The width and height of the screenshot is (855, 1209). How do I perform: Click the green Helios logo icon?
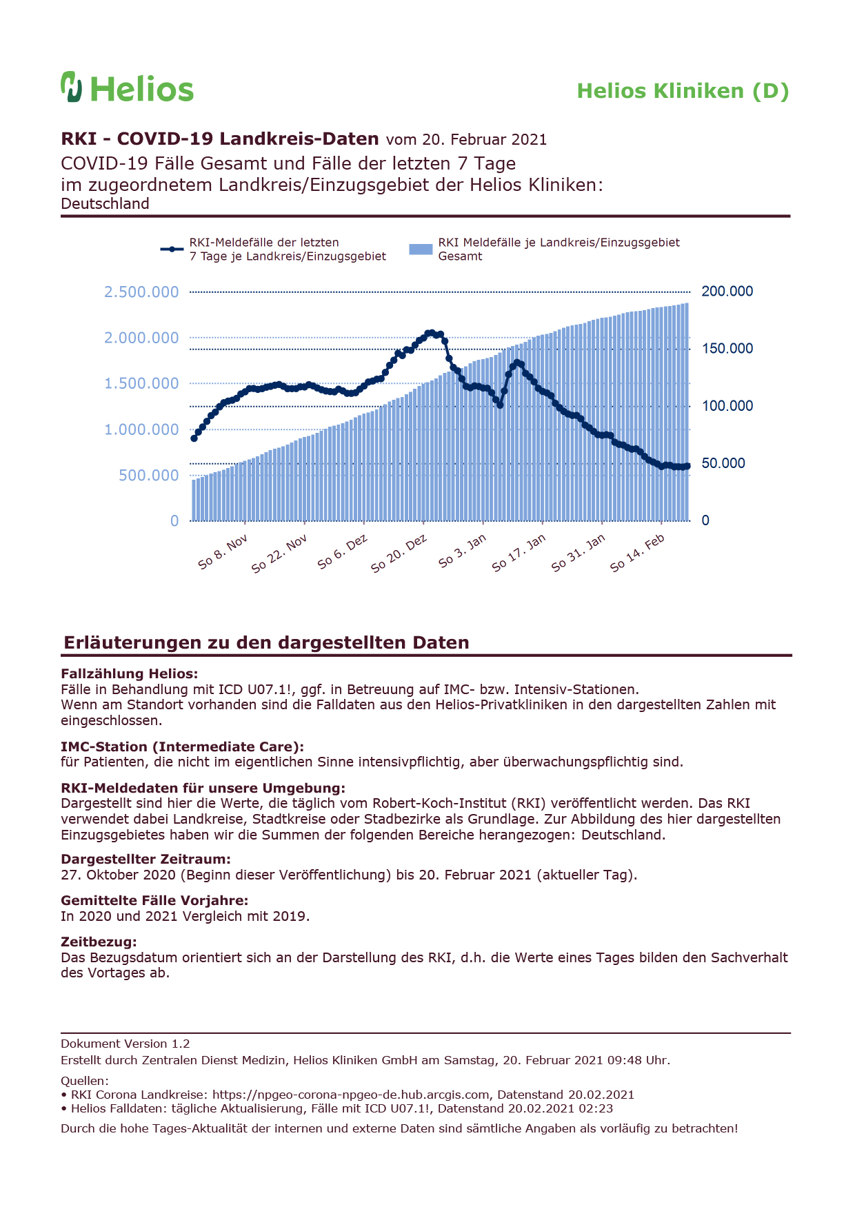(x=72, y=87)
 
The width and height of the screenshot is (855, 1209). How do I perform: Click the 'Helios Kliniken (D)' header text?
(x=683, y=91)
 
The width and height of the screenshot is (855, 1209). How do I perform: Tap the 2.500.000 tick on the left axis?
(x=141, y=292)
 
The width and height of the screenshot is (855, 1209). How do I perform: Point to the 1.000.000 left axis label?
(x=141, y=429)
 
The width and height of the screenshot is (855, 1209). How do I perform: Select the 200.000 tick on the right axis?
(x=727, y=292)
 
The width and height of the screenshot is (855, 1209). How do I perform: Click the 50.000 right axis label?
(x=723, y=463)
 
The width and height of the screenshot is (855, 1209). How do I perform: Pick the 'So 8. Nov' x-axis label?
(x=222, y=551)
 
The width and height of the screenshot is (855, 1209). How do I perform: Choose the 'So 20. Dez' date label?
(x=399, y=553)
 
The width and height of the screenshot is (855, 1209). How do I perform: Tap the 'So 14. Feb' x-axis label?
(x=637, y=553)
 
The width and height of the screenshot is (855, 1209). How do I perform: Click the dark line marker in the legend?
(x=172, y=249)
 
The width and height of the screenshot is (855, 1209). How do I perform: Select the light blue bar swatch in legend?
(x=421, y=249)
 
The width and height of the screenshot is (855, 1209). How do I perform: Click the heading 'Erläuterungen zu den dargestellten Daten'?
(x=266, y=642)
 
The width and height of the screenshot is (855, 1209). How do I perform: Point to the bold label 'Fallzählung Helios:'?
(x=129, y=673)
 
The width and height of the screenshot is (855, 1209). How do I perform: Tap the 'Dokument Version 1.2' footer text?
(x=125, y=1044)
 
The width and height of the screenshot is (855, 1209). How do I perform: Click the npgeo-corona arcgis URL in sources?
(x=352, y=1095)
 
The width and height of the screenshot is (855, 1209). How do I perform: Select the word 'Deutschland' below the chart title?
(x=105, y=204)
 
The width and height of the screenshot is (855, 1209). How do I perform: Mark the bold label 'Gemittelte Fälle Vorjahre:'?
(x=154, y=900)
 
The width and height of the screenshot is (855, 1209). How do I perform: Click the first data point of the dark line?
(x=194, y=438)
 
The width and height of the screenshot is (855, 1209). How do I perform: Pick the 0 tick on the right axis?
(x=705, y=520)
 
